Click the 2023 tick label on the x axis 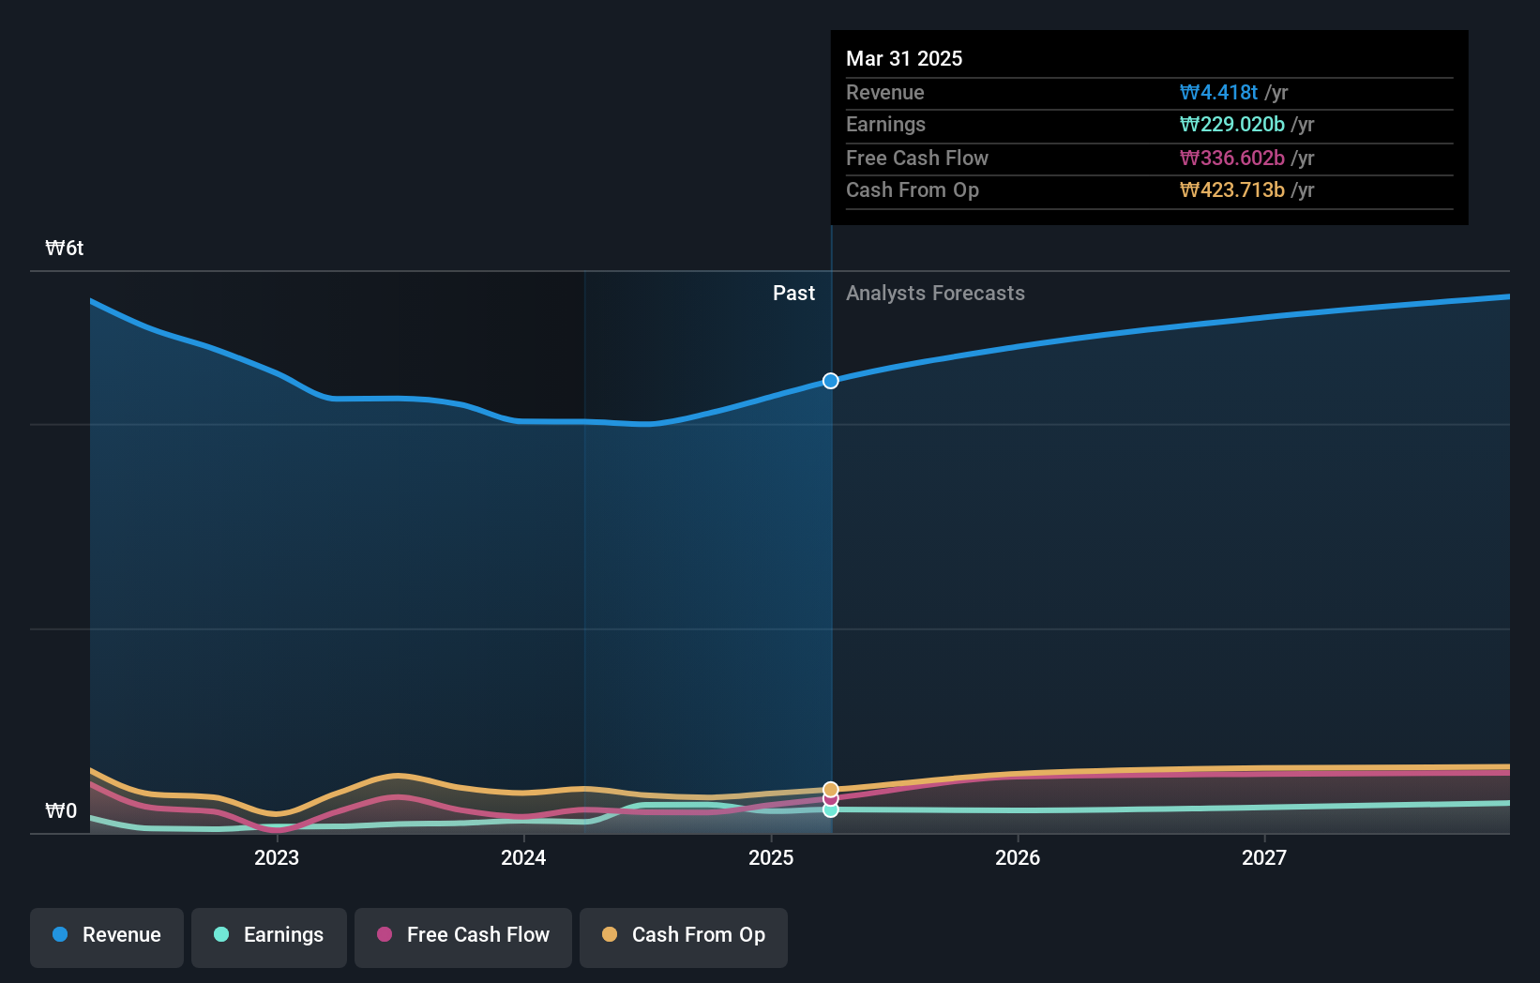tap(276, 857)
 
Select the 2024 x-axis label tap(523, 857)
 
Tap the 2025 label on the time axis tap(770, 857)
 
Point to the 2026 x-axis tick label tap(1018, 857)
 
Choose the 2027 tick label tap(1264, 857)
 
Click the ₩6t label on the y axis tap(65, 249)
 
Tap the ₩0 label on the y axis tap(62, 811)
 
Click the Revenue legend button tap(107, 935)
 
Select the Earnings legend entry tap(269, 935)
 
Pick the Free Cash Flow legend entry tap(463, 935)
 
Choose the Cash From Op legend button tap(684, 935)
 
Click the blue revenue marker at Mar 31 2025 tap(831, 381)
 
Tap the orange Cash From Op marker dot tap(831, 789)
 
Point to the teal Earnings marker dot tap(831, 810)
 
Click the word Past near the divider tap(793, 294)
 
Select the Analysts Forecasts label tap(935, 294)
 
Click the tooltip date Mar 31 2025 tap(904, 58)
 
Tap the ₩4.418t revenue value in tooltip tap(1218, 92)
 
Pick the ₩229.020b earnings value tap(1231, 125)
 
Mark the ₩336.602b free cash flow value tap(1231, 158)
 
